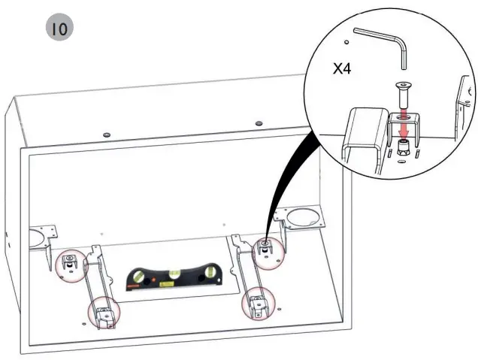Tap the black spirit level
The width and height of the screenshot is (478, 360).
(171, 278)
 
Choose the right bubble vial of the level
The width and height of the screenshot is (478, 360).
(204, 277)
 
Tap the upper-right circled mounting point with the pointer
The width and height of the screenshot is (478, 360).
(268, 252)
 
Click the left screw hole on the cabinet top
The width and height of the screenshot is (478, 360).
(106, 133)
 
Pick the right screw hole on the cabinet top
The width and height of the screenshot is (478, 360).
(259, 123)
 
